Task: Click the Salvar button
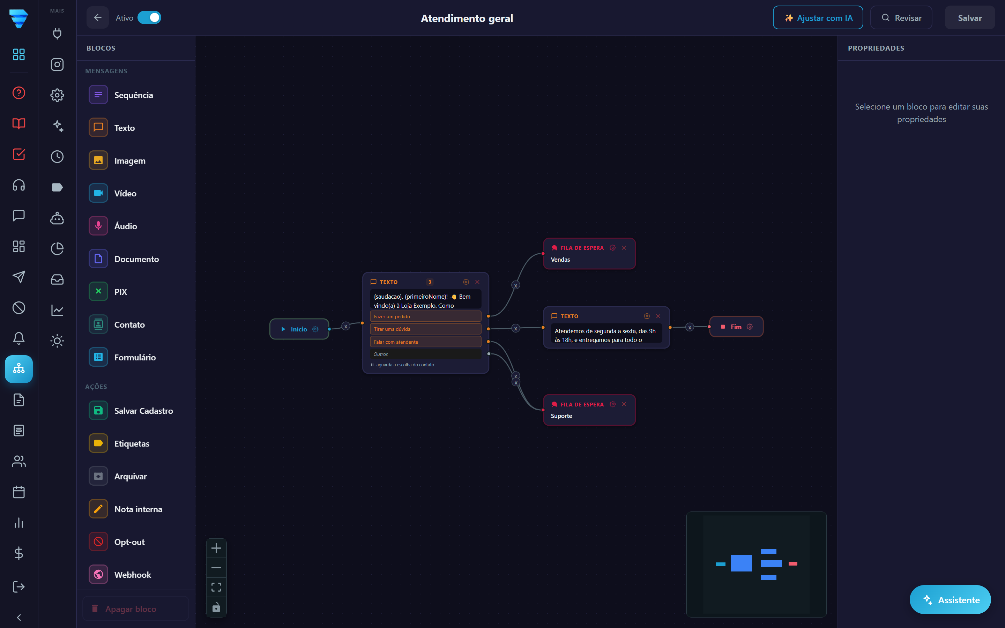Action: (x=969, y=18)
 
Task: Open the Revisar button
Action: (x=901, y=18)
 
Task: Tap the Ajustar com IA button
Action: (x=818, y=18)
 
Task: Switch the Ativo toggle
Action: (x=149, y=17)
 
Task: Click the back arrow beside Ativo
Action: (x=98, y=17)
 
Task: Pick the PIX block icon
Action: (x=98, y=292)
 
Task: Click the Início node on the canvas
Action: (x=299, y=329)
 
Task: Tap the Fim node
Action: (x=736, y=327)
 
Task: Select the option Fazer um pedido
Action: (x=425, y=316)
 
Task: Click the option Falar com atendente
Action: (x=425, y=342)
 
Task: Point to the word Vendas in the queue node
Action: (x=560, y=260)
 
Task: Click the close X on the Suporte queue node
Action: (x=624, y=404)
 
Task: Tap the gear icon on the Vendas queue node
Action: (x=612, y=248)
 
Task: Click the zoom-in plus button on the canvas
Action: (x=216, y=548)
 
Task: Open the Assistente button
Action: (x=950, y=600)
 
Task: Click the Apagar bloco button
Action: (x=135, y=609)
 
